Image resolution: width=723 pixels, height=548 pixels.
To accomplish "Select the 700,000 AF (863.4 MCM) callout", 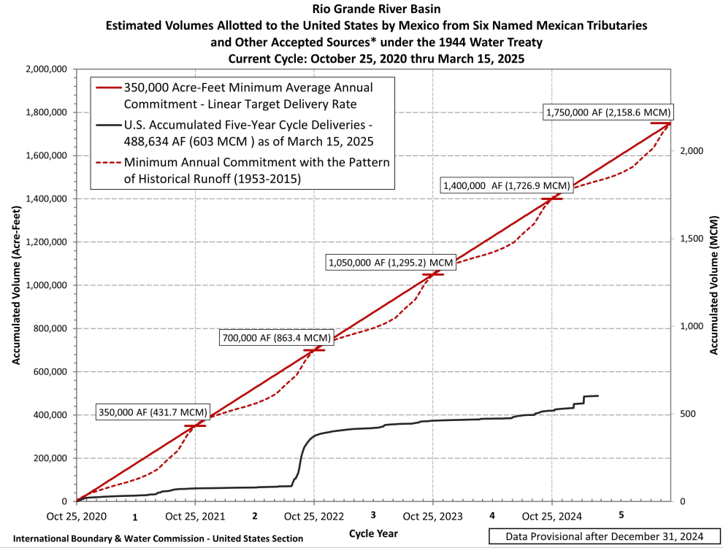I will point(277,338).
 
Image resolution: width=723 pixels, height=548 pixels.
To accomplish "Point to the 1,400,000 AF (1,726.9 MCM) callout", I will point(505,186).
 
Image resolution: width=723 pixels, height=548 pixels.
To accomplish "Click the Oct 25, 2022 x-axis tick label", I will point(314,516).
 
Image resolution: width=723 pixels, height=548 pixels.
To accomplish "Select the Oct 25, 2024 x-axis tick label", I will point(551,516).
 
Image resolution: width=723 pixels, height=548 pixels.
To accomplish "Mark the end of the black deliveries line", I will point(598,395).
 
